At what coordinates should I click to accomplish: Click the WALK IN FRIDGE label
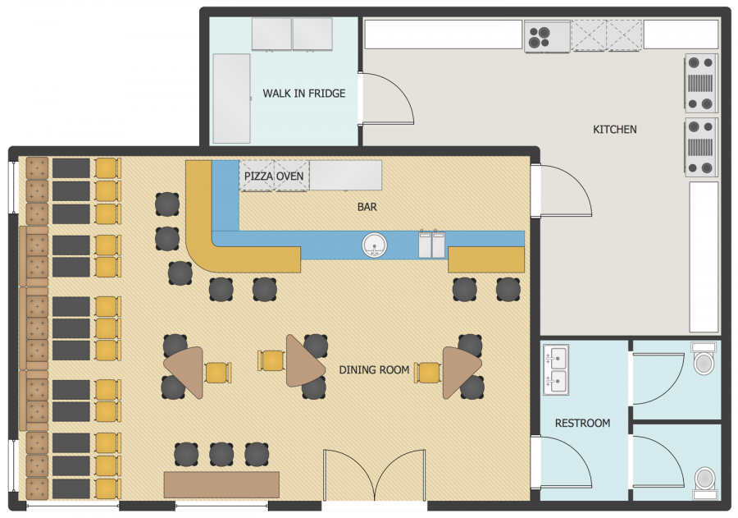coord(304,94)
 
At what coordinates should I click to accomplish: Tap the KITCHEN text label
coord(615,129)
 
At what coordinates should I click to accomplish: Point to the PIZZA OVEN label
coord(274,176)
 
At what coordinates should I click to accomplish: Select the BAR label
coord(367,207)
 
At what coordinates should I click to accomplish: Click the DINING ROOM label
coord(374,370)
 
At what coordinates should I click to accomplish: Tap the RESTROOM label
coord(583,424)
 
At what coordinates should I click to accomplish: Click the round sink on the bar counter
coord(375,245)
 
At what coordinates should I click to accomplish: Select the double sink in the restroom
coord(556,369)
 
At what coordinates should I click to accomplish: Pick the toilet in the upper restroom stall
coord(704,359)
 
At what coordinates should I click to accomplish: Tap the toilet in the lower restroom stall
coord(704,482)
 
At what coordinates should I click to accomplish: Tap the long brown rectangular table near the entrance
coord(221,484)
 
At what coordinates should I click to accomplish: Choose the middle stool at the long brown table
coord(221,454)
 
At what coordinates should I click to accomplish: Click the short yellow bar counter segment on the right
coord(486,259)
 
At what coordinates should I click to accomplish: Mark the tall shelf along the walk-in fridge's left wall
coord(231,99)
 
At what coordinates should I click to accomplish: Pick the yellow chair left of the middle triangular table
coord(271,361)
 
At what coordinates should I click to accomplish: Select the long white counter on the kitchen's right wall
coord(704,257)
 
